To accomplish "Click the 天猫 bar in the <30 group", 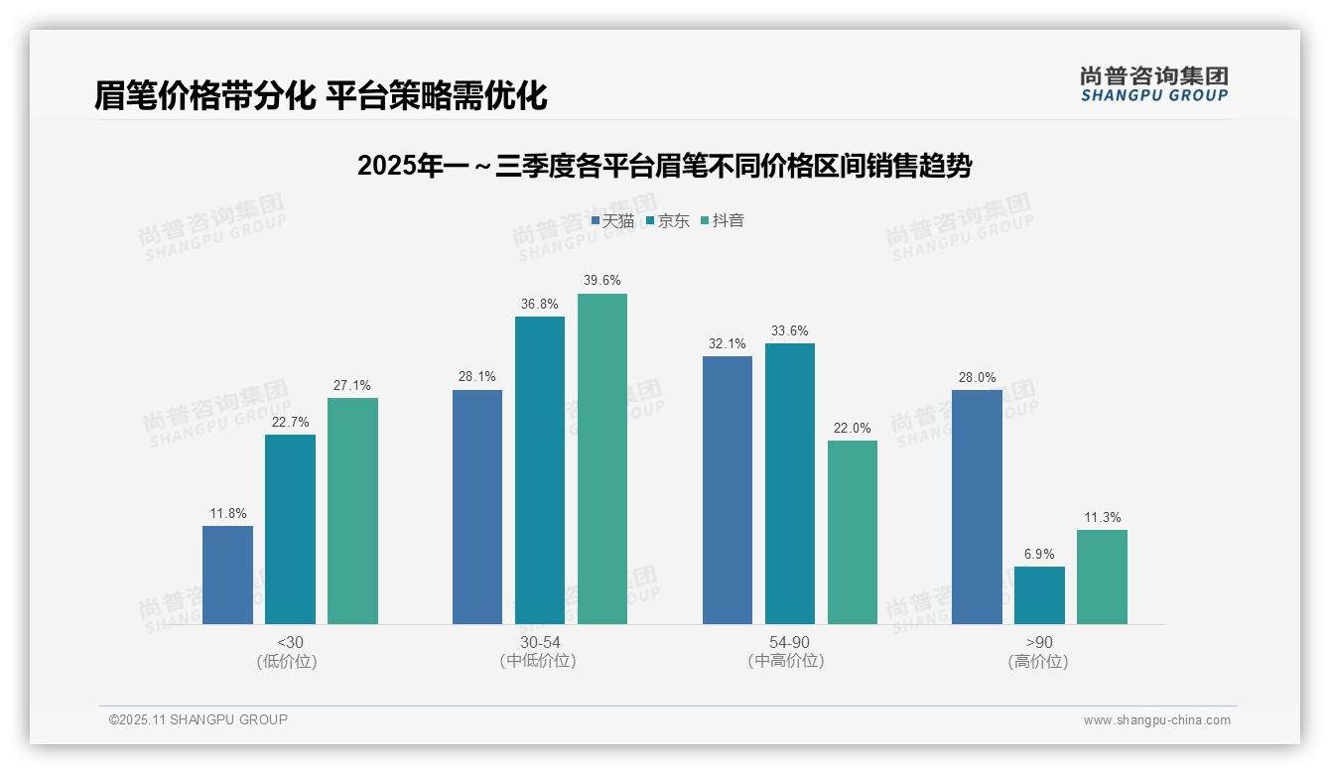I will click(x=227, y=575).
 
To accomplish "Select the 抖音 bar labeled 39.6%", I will click(x=602, y=458).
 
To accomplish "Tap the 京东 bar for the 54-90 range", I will click(x=789, y=483).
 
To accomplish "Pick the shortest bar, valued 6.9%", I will click(x=1039, y=595).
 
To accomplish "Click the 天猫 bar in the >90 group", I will click(x=977, y=507).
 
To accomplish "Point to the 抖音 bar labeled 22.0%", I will click(x=853, y=532).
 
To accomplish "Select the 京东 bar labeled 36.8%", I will click(x=540, y=470).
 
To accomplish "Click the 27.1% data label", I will click(x=352, y=386).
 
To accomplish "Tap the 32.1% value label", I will click(x=727, y=344).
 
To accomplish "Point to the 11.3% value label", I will click(x=1102, y=518).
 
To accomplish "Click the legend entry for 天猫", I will click(x=612, y=221).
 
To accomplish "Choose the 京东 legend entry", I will click(x=667, y=221).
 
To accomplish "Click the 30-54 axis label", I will click(x=539, y=642).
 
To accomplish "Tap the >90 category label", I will click(x=1038, y=642).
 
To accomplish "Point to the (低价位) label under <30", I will click(x=289, y=661).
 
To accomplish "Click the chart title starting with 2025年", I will click(x=664, y=166).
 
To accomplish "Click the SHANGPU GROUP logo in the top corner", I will click(x=1153, y=84).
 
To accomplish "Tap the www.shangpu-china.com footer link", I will click(x=1156, y=720).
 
